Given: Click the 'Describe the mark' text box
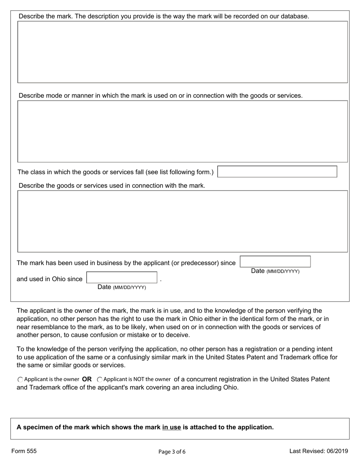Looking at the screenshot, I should [182, 52].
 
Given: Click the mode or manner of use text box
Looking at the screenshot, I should [182, 131].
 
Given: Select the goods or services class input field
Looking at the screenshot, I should [277, 172].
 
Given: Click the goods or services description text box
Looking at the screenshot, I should [182, 221].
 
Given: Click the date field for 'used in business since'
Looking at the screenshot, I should [275, 262].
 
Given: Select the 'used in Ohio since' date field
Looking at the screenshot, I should [122, 278].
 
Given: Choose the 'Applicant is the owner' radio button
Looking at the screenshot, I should [20, 379].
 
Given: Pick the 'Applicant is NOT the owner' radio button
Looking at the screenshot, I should [100, 379].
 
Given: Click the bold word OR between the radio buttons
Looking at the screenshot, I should [87, 379].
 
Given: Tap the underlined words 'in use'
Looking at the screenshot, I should [172, 427].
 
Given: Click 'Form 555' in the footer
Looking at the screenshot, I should [24, 451].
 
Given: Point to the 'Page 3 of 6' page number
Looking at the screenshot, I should [172, 452].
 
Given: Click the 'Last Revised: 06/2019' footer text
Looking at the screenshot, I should [319, 451].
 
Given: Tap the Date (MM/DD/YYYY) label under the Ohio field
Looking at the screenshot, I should [122, 287].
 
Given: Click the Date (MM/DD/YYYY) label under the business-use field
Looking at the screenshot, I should [275, 271].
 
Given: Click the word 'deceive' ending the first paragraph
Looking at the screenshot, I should [178, 335].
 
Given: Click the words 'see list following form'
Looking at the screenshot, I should [178, 172].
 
